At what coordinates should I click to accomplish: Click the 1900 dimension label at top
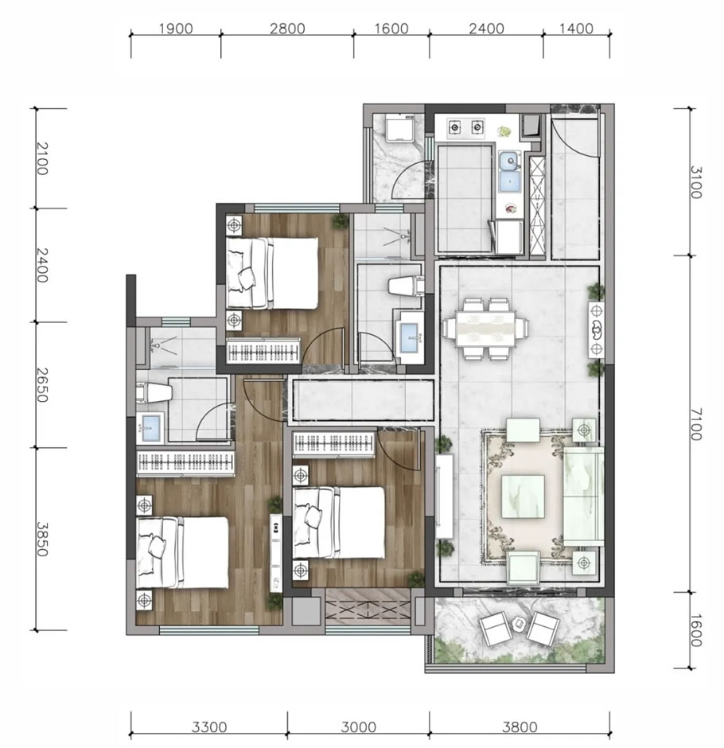(x=176, y=29)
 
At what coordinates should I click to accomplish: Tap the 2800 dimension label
(x=287, y=29)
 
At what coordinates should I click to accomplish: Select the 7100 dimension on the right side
(x=696, y=424)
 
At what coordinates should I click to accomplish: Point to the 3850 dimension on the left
(x=42, y=539)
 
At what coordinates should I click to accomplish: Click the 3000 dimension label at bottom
(x=359, y=727)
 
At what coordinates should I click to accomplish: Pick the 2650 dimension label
(x=42, y=385)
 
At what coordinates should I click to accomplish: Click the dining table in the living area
(x=485, y=328)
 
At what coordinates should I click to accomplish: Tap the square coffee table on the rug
(x=523, y=496)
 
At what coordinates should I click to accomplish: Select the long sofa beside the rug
(x=584, y=496)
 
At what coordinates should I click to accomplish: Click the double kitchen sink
(x=510, y=171)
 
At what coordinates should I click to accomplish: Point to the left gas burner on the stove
(x=455, y=127)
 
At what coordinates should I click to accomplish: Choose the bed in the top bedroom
(x=272, y=273)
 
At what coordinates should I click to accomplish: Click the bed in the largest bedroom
(x=182, y=552)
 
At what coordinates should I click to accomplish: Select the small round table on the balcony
(x=519, y=622)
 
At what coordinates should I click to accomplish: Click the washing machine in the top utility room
(x=399, y=128)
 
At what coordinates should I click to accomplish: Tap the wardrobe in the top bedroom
(x=263, y=351)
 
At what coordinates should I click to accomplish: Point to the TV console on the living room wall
(x=445, y=496)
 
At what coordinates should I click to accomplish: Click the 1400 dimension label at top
(x=576, y=29)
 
